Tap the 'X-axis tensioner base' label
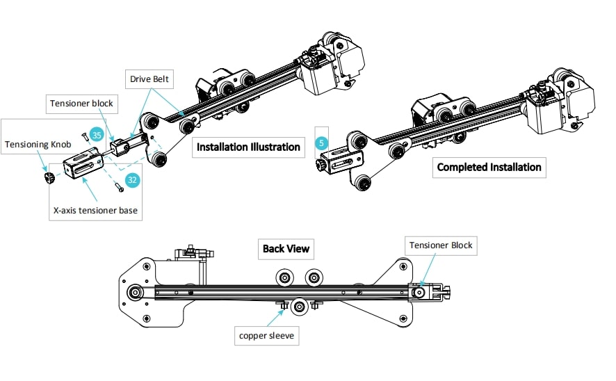click(x=97, y=209)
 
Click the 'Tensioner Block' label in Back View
click(x=441, y=245)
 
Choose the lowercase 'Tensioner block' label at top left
click(x=81, y=104)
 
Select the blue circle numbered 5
click(x=321, y=143)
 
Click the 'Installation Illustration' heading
click(x=248, y=147)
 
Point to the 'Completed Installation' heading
click(x=489, y=167)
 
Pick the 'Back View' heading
click(x=286, y=248)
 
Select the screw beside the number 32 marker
click(x=116, y=185)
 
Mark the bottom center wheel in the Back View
click(x=300, y=307)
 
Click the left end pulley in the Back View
click(x=134, y=293)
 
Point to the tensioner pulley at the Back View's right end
click(x=420, y=293)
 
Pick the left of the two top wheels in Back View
click(x=284, y=278)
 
